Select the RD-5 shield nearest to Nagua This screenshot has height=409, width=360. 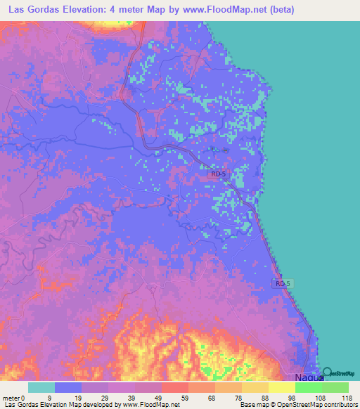click(x=283, y=283)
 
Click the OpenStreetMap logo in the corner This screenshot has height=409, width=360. click(x=341, y=374)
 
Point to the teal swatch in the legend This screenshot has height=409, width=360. click(x=41, y=387)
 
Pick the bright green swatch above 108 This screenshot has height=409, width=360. click(x=308, y=387)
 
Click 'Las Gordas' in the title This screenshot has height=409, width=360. click(x=32, y=10)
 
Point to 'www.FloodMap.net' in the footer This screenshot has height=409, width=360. click(x=149, y=405)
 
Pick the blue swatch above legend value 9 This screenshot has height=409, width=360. click(x=67, y=387)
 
